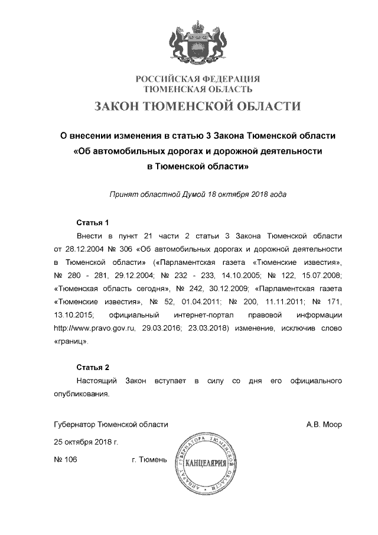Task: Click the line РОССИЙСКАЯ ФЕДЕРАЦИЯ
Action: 198,79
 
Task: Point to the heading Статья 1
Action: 93,223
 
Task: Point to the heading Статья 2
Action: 93,367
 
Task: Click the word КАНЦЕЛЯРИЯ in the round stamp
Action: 206,462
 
